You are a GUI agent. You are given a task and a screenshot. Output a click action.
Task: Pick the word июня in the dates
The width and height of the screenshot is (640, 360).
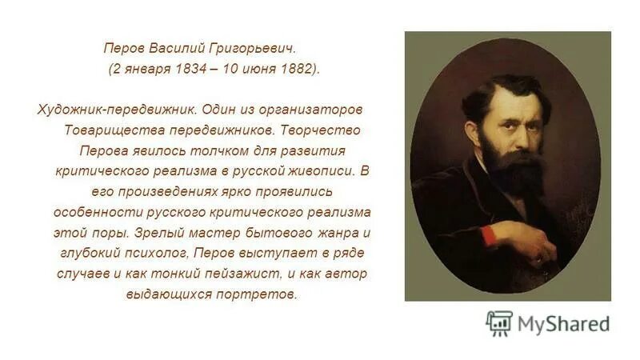(259, 68)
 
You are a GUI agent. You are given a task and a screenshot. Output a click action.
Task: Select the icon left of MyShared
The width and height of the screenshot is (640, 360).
(499, 323)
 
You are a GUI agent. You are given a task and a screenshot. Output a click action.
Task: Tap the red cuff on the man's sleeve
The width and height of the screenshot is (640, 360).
(486, 234)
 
